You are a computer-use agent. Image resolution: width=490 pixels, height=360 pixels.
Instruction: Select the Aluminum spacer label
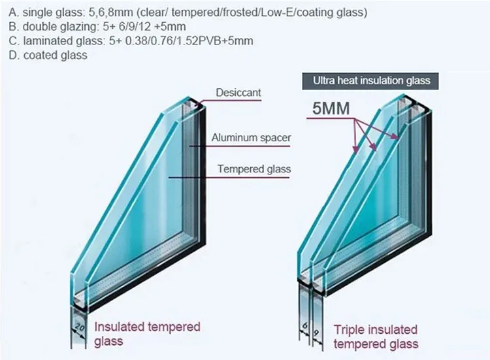251,138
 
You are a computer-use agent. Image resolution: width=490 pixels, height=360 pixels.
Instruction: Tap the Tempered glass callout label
254,169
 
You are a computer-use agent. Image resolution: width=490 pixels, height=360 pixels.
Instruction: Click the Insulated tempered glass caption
148,333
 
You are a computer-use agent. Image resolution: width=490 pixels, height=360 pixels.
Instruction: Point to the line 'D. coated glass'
45,56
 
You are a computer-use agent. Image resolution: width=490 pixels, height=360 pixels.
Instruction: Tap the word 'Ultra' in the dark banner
325,81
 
